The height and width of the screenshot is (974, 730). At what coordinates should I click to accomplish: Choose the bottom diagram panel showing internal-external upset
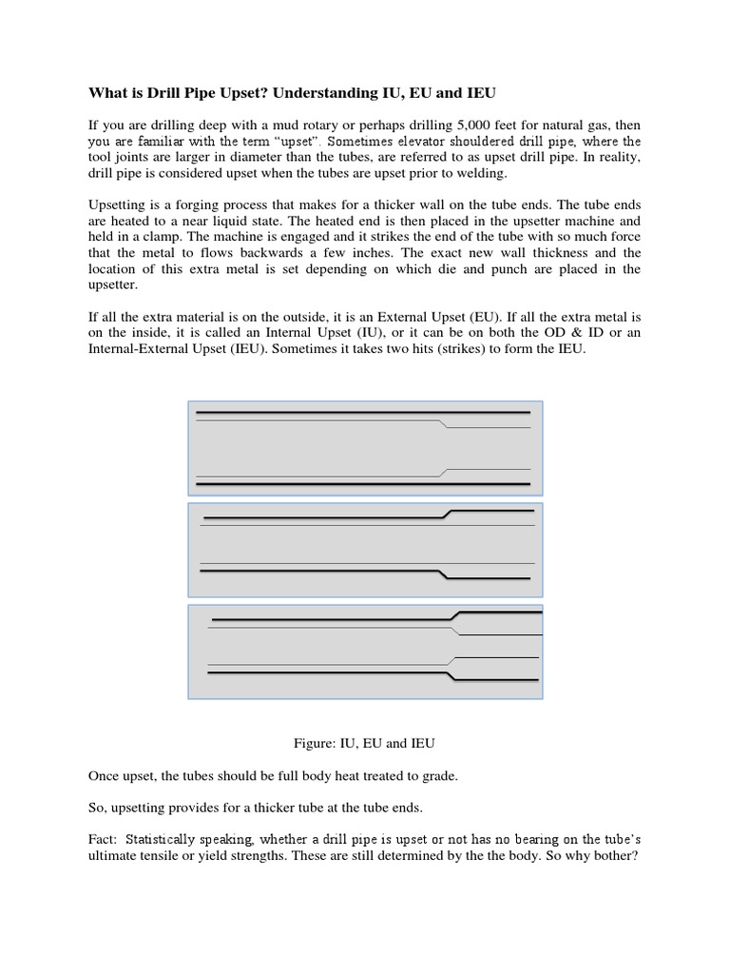pyautogui.click(x=366, y=652)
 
